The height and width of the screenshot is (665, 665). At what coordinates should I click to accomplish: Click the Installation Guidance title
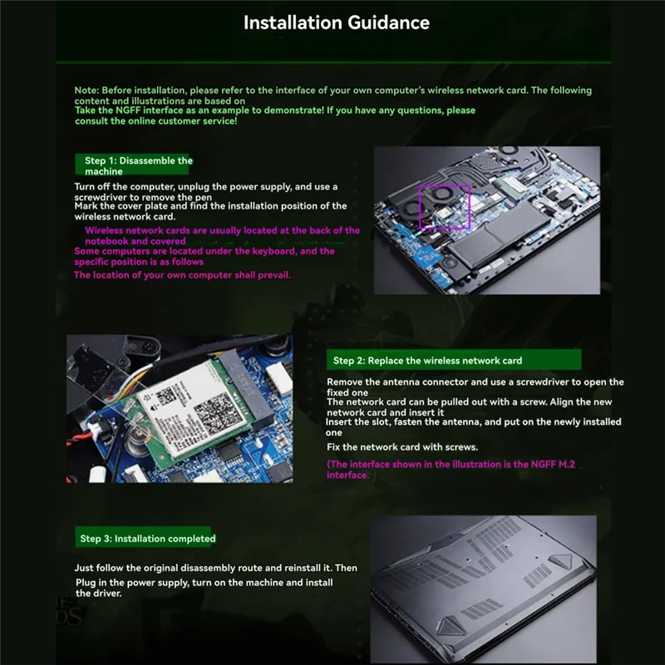pyautogui.click(x=336, y=22)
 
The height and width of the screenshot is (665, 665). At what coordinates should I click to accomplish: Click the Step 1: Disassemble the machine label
pyautogui.click(x=138, y=165)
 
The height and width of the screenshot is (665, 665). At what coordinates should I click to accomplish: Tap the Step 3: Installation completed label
pyautogui.click(x=147, y=539)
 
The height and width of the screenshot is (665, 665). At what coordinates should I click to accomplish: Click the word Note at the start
pyautogui.click(x=86, y=90)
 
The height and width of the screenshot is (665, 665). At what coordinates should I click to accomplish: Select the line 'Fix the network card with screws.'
pyautogui.click(x=402, y=447)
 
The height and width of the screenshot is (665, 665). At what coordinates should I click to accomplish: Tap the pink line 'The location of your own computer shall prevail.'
pyautogui.click(x=182, y=275)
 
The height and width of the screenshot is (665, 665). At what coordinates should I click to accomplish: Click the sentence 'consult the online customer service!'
pyautogui.click(x=156, y=121)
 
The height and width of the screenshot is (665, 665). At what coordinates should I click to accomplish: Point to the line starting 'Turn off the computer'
pyautogui.click(x=205, y=187)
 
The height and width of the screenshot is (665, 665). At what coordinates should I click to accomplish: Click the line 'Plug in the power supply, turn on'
pyautogui.click(x=204, y=583)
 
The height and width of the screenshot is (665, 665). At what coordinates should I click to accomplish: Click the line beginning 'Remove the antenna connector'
pyautogui.click(x=475, y=382)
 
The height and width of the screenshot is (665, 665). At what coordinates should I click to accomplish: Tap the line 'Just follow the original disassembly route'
pyautogui.click(x=215, y=568)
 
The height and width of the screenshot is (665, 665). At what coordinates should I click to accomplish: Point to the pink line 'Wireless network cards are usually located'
pyautogui.click(x=222, y=230)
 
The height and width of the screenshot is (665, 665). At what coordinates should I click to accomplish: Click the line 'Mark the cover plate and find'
pyautogui.click(x=210, y=206)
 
